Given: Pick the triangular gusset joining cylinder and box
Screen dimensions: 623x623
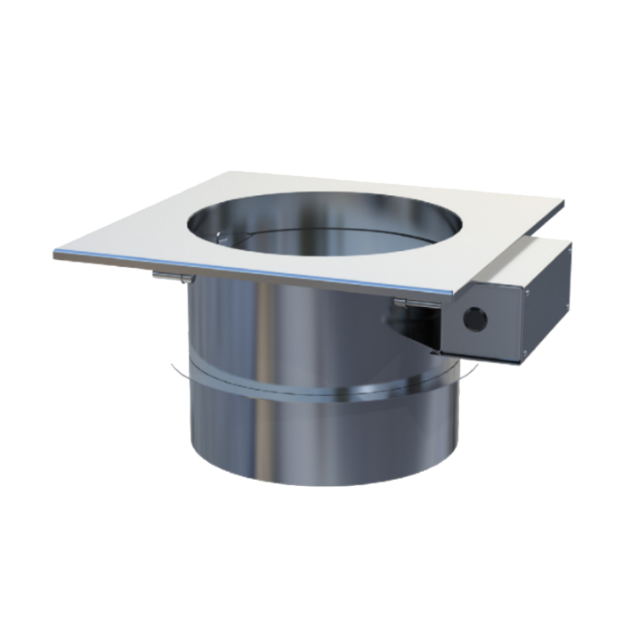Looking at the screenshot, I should [x=418, y=333].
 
